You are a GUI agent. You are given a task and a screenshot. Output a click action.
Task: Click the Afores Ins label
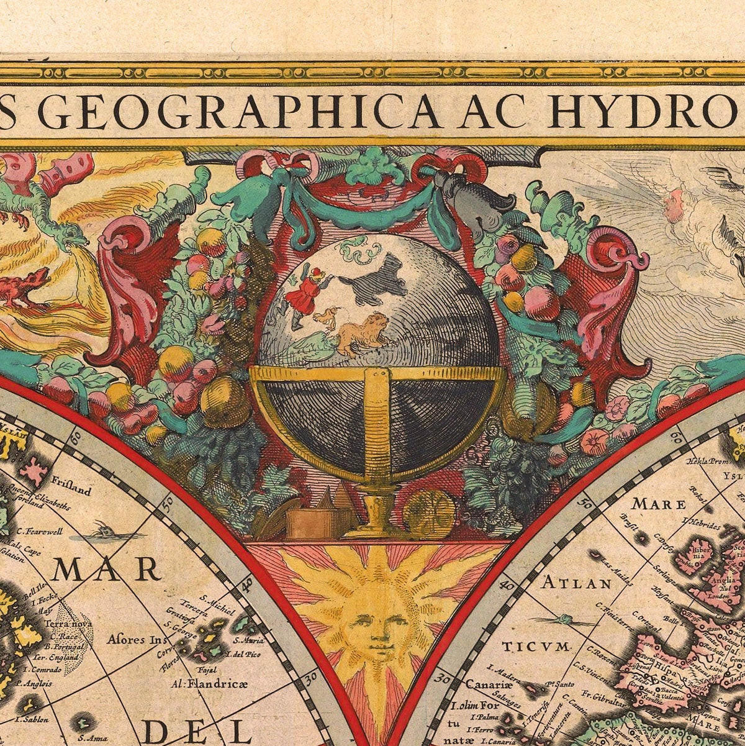click(133, 638)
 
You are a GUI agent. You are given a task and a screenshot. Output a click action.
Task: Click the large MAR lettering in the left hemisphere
click(106, 569)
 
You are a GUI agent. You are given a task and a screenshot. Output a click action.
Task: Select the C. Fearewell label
click(40, 532)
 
